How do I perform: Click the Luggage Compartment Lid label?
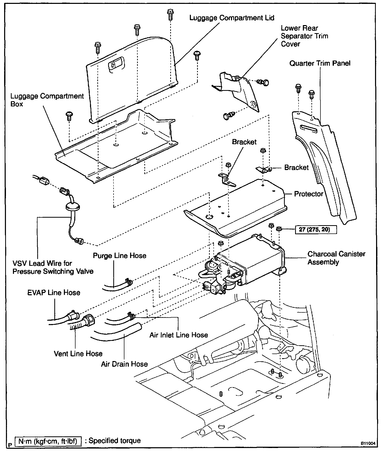[232, 18]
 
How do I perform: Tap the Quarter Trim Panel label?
[320, 63]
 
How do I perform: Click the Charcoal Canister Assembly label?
[336, 258]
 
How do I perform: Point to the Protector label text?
[309, 194]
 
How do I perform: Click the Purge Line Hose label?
[119, 256]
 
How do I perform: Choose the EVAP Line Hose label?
[54, 293]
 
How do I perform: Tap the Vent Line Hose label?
[78, 354]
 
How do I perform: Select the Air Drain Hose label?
[124, 364]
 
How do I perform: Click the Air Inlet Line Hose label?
[178, 335]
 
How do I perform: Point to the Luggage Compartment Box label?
[47, 100]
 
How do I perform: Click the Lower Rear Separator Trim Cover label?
[304, 36]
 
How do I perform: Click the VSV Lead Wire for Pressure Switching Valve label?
[53, 267]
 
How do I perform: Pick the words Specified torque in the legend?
[115, 441]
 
